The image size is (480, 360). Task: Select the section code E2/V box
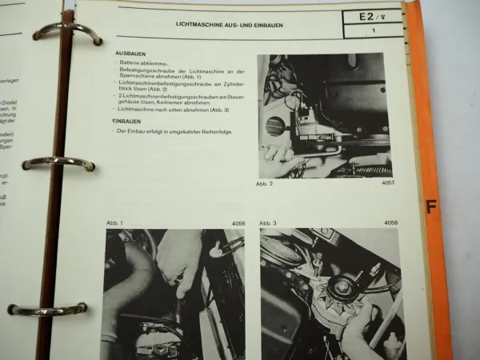coord(370,16)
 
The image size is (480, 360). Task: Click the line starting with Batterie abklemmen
coord(145,62)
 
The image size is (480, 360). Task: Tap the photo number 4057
coord(389,183)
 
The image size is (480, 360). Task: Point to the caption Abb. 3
coord(270,223)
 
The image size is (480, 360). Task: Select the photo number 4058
coord(390,223)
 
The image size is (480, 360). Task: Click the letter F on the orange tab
coord(432,208)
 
